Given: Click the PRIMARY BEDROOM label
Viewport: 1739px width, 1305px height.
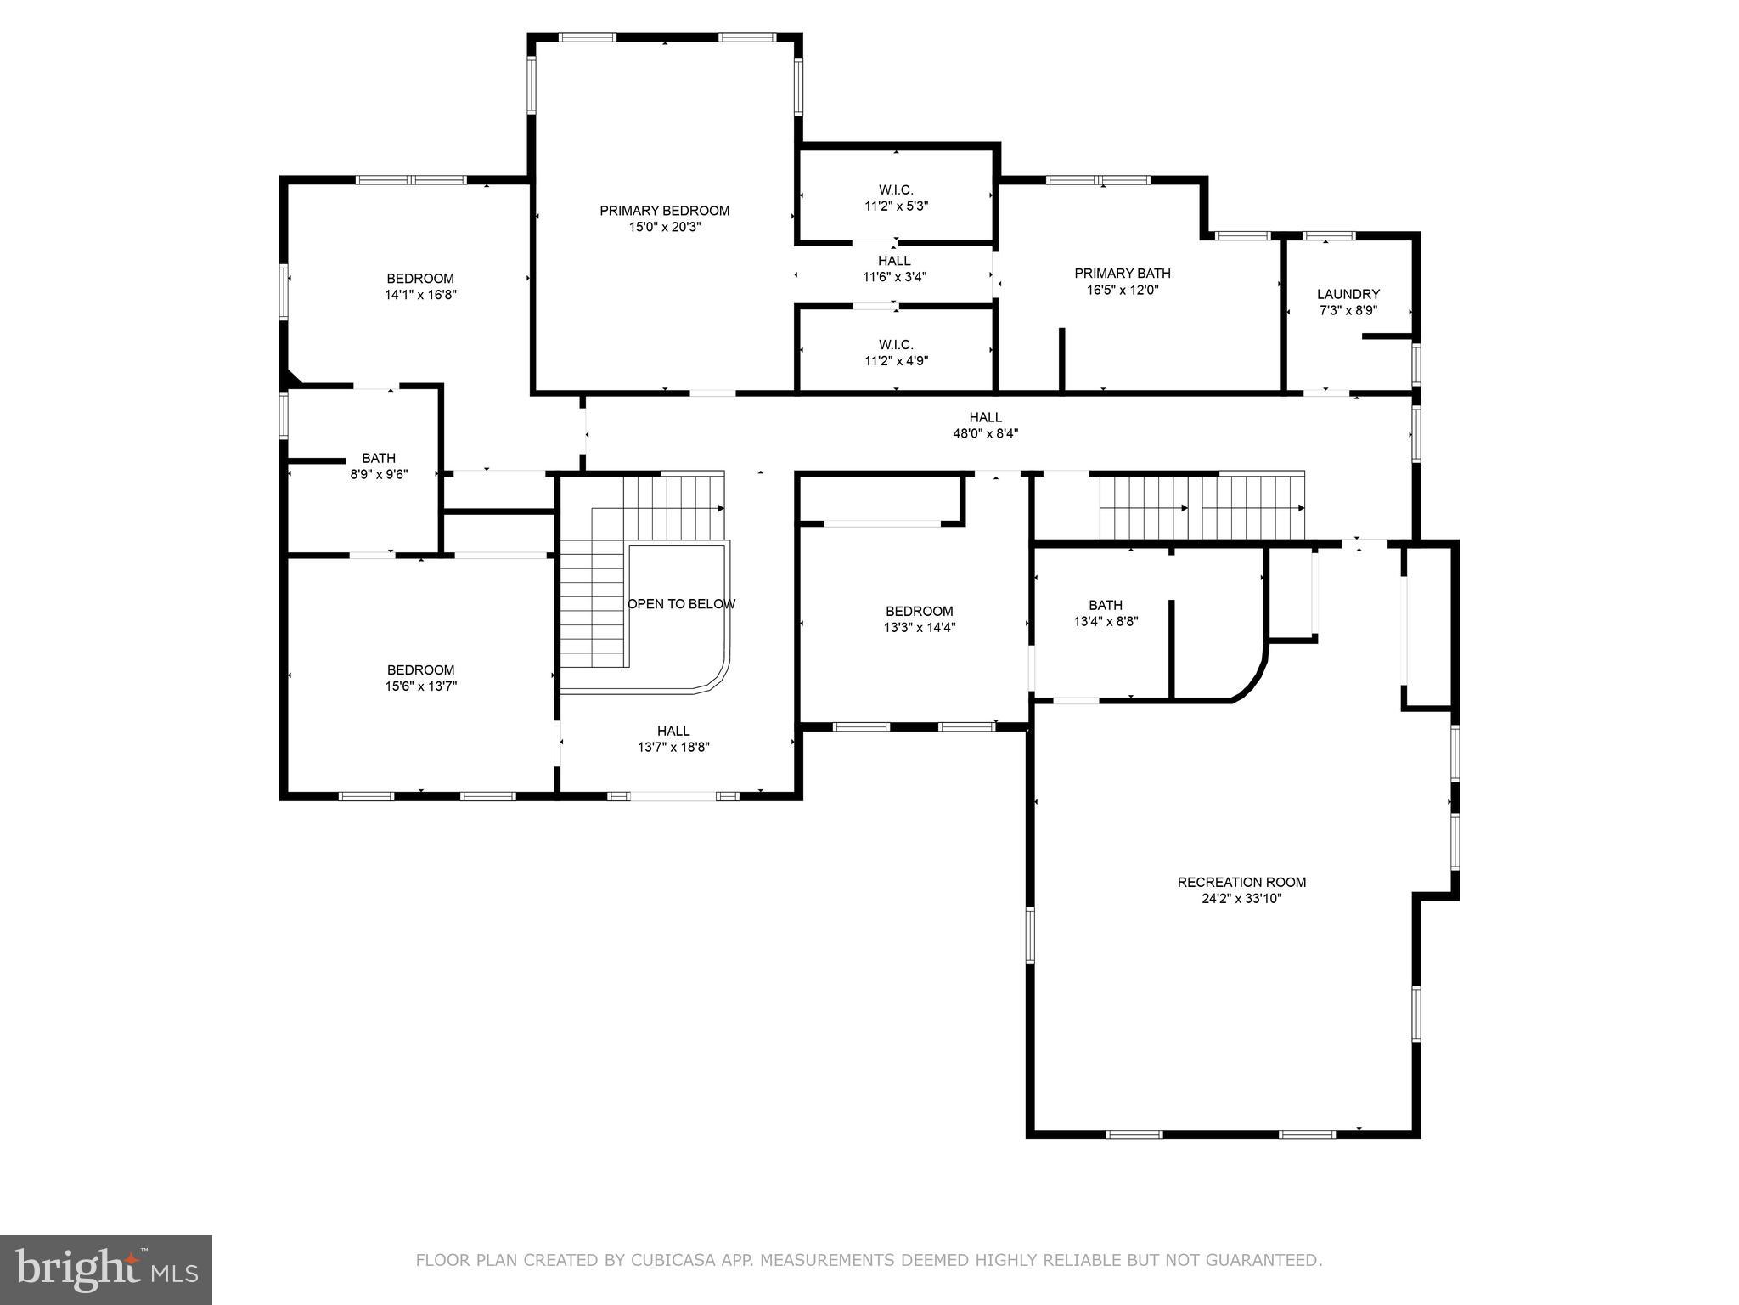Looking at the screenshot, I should coord(664,211).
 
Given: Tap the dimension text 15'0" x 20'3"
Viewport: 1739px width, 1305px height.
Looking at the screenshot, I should coord(664,227).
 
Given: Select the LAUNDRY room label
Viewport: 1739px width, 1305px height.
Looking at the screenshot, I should coord(1348,294).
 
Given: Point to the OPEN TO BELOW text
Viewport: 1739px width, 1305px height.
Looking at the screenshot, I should coord(681,604).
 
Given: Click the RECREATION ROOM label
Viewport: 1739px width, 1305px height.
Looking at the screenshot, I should coord(1241,882).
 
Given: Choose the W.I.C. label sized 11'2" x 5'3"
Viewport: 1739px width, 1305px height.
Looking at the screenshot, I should coord(896,189).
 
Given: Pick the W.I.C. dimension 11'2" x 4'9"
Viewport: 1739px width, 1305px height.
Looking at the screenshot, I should coord(896,360).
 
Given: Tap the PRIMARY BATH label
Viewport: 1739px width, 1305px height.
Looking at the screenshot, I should coord(1122,273).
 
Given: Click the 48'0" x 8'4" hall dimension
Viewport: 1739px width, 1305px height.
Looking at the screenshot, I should coord(985,433).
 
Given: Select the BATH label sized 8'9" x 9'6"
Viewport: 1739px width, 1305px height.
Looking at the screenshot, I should coord(379,458).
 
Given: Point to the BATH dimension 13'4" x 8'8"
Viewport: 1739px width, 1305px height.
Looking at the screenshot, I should coord(1106,621).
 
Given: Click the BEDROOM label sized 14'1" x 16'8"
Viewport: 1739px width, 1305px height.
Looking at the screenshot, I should coord(420,279).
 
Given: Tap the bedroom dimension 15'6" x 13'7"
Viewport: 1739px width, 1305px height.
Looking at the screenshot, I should coord(420,686).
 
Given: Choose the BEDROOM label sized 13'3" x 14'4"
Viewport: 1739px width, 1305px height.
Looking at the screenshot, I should coord(919,611).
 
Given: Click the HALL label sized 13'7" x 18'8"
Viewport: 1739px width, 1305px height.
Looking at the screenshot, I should coord(673,731).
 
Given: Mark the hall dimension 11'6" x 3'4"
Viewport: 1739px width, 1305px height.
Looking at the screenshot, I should coord(894,276).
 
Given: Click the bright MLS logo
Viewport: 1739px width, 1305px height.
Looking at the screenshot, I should coord(106,1269).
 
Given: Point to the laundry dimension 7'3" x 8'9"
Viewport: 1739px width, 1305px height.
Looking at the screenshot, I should coord(1348,310).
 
